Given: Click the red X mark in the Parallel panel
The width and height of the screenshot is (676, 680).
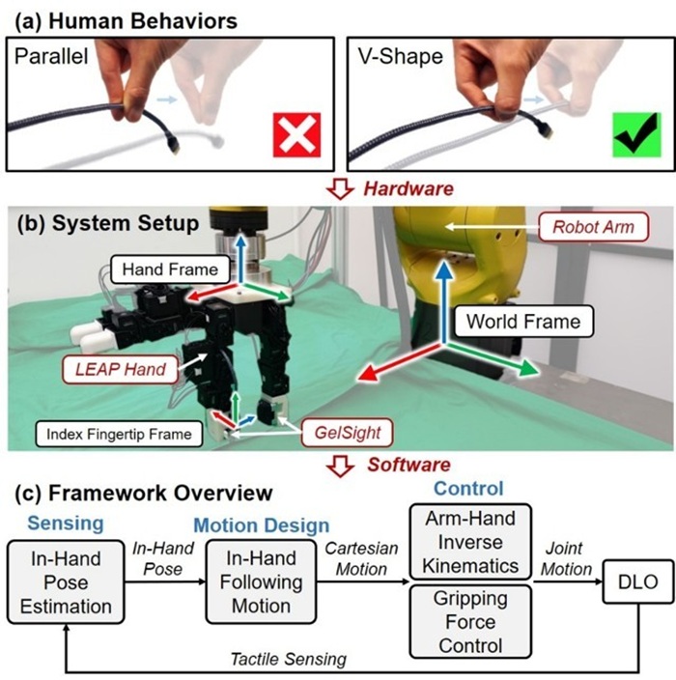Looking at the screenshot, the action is [x=297, y=134].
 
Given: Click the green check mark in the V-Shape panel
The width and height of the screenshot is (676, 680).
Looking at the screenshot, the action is [x=637, y=134].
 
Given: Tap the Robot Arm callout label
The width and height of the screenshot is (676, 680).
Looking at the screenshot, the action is [x=594, y=227].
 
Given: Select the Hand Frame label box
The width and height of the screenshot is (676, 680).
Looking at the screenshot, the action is [x=170, y=269].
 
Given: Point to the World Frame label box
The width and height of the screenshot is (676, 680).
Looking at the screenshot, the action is [x=523, y=322].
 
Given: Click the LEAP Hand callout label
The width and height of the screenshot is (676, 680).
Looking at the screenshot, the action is [x=121, y=370].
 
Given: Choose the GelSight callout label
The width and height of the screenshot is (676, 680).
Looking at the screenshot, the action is [x=348, y=433].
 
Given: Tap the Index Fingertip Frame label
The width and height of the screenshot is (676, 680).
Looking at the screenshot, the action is [x=119, y=434].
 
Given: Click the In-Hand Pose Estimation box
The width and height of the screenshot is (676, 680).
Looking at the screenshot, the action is [x=66, y=582].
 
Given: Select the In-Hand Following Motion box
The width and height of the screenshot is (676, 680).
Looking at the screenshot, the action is [x=261, y=581].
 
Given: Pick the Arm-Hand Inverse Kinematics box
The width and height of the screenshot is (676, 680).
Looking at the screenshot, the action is [x=470, y=542].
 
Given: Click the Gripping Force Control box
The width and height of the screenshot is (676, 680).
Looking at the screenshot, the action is [x=470, y=621].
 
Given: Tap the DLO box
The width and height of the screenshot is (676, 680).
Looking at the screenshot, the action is [x=638, y=581].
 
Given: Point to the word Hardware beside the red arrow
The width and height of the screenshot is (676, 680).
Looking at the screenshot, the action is [x=408, y=189].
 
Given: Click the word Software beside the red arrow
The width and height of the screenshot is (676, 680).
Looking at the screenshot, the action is [x=408, y=465].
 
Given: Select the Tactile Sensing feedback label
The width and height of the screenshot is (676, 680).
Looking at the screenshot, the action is [x=289, y=659].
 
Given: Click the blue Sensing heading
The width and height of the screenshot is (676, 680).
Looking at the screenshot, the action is [x=66, y=523].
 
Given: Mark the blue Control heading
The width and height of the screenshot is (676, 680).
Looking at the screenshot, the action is [x=468, y=489].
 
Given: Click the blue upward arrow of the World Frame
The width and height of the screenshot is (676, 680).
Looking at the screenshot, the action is [x=443, y=302].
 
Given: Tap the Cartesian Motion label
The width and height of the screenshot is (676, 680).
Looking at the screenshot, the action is [x=361, y=558].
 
